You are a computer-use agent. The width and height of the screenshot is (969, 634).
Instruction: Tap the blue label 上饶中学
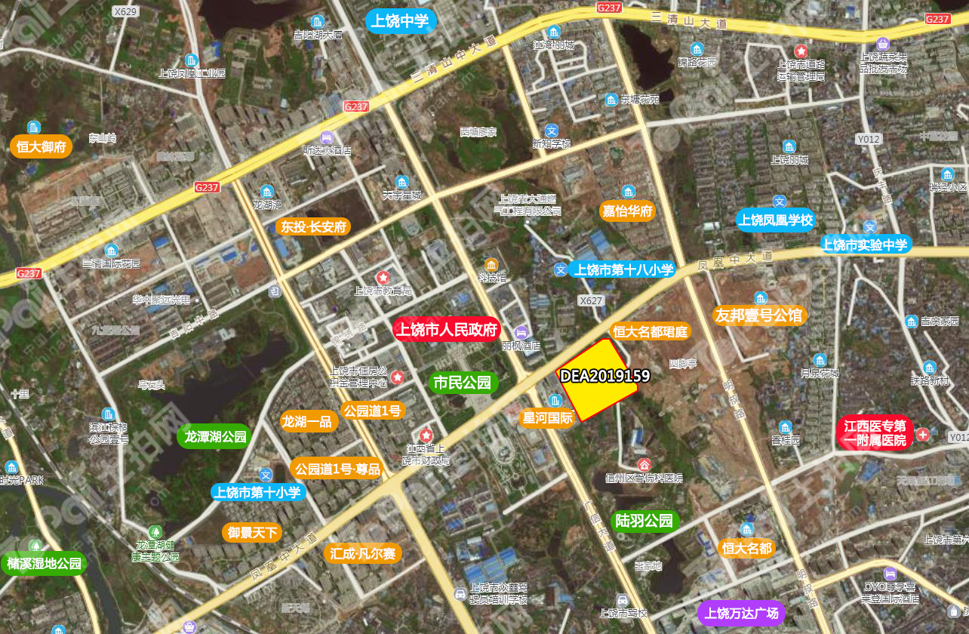click(400, 20)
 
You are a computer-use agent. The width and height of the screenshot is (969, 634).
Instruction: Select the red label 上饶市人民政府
click(447, 330)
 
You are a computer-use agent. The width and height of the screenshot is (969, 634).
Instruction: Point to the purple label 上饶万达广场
click(741, 613)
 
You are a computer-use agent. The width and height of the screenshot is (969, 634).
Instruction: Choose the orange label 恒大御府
click(41, 146)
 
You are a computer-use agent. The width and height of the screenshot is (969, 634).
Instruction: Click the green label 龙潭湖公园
click(215, 436)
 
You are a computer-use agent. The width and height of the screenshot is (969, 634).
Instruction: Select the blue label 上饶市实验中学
click(866, 245)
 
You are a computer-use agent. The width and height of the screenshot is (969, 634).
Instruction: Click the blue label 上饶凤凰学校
click(776, 220)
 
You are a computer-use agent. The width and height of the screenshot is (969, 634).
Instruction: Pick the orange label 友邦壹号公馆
click(760, 315)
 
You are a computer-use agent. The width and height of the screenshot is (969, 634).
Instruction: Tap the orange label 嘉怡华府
click(626, 211)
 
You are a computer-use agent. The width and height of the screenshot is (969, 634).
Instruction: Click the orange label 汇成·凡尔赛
click(362, 553)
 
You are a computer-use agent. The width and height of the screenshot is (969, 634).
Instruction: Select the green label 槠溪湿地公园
click(44, 564)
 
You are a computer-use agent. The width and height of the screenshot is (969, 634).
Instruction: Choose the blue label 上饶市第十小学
click(257, 493)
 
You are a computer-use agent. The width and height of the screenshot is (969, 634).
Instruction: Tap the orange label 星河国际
click(547, 417)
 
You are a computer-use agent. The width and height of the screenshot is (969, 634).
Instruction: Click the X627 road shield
click(591, 300)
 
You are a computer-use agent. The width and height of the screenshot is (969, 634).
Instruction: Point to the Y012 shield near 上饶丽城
click(869, 139)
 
